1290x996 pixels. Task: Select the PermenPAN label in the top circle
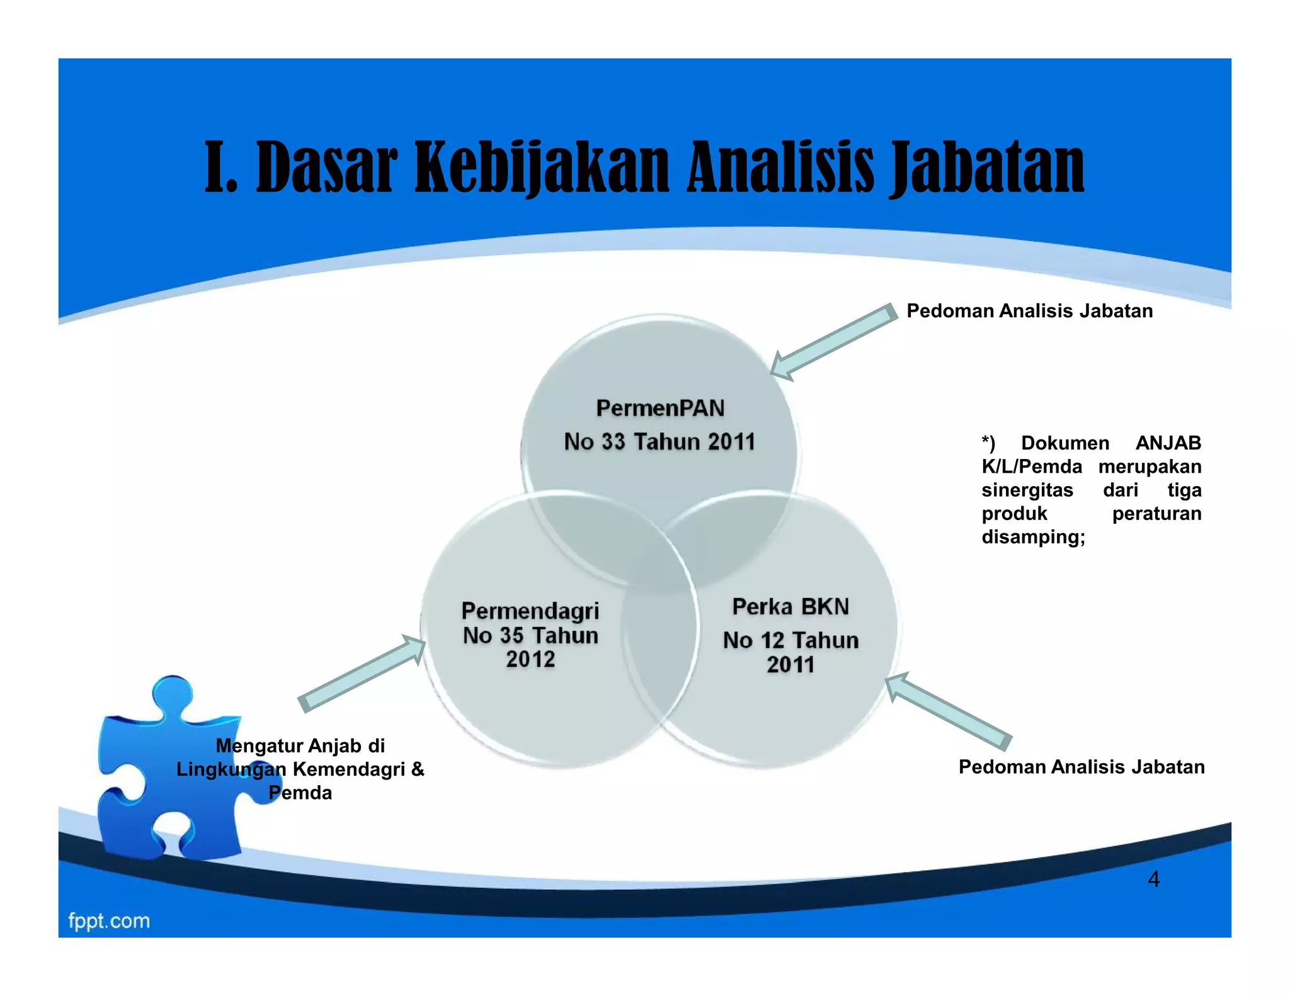pyautogui.click(x=660, y=409)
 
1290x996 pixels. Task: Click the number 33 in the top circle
pyautogui.click(x=613, y=442)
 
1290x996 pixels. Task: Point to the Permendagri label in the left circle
pyautogui.click(x=530, y=611)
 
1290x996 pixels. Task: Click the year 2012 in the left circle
pyautogui.click(x=530, y=659)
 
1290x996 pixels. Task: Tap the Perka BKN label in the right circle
pyautogui.click(x=791, y=607)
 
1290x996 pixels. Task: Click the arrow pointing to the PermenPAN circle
pyautogui.click(x=831, y=343)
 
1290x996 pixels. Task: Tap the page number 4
pyautogui.click(x=1153, y=879)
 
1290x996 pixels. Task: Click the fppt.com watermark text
pyautogui.click(x=109, y=921)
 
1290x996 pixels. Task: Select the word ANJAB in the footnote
pyautogui.click(x=1168, y=443)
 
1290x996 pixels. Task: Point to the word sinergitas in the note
pyautogui.click(x=1027, y=490)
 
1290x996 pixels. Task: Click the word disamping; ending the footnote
pyautogui.click(x=1033, y=537)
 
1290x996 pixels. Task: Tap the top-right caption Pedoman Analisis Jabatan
pyautogui.click(x=1029, y=311)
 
